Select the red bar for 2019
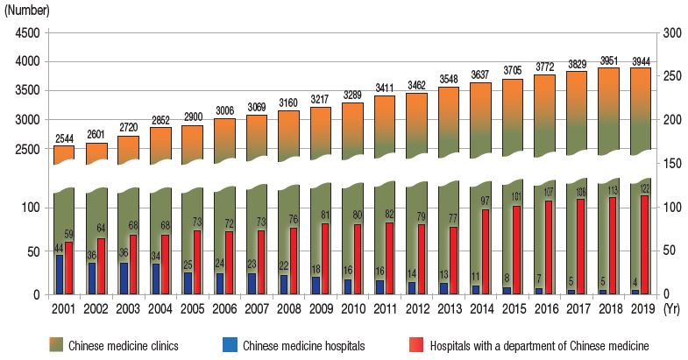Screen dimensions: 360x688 (644, 244)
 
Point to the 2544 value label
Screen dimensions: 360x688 (65, 139)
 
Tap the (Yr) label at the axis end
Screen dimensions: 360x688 (672, 308)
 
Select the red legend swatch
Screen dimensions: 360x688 (416, 344)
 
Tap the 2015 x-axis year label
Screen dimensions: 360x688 (516, 308)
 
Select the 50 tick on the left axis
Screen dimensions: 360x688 (32, 251)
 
